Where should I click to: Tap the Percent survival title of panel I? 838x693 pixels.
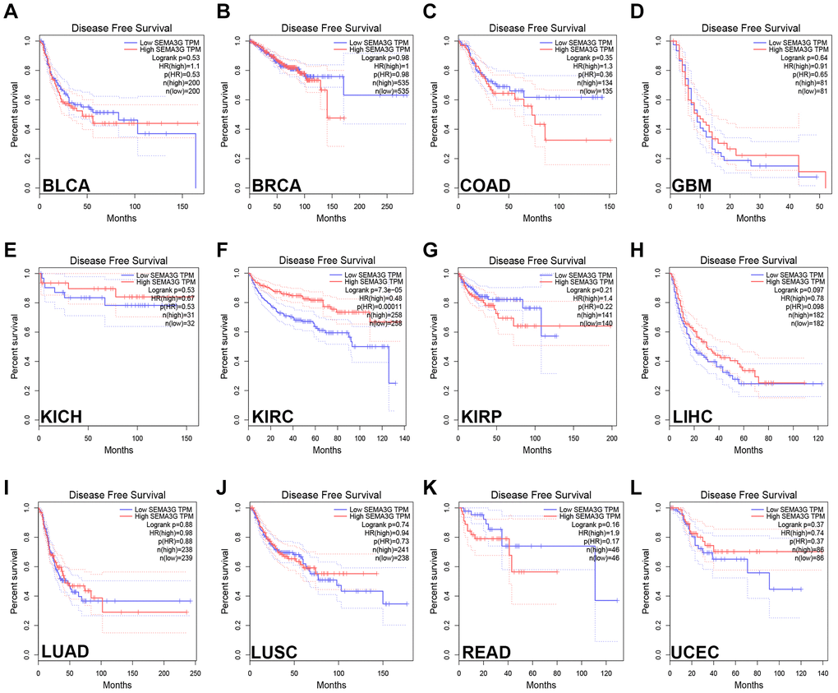[x=15, y=580]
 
